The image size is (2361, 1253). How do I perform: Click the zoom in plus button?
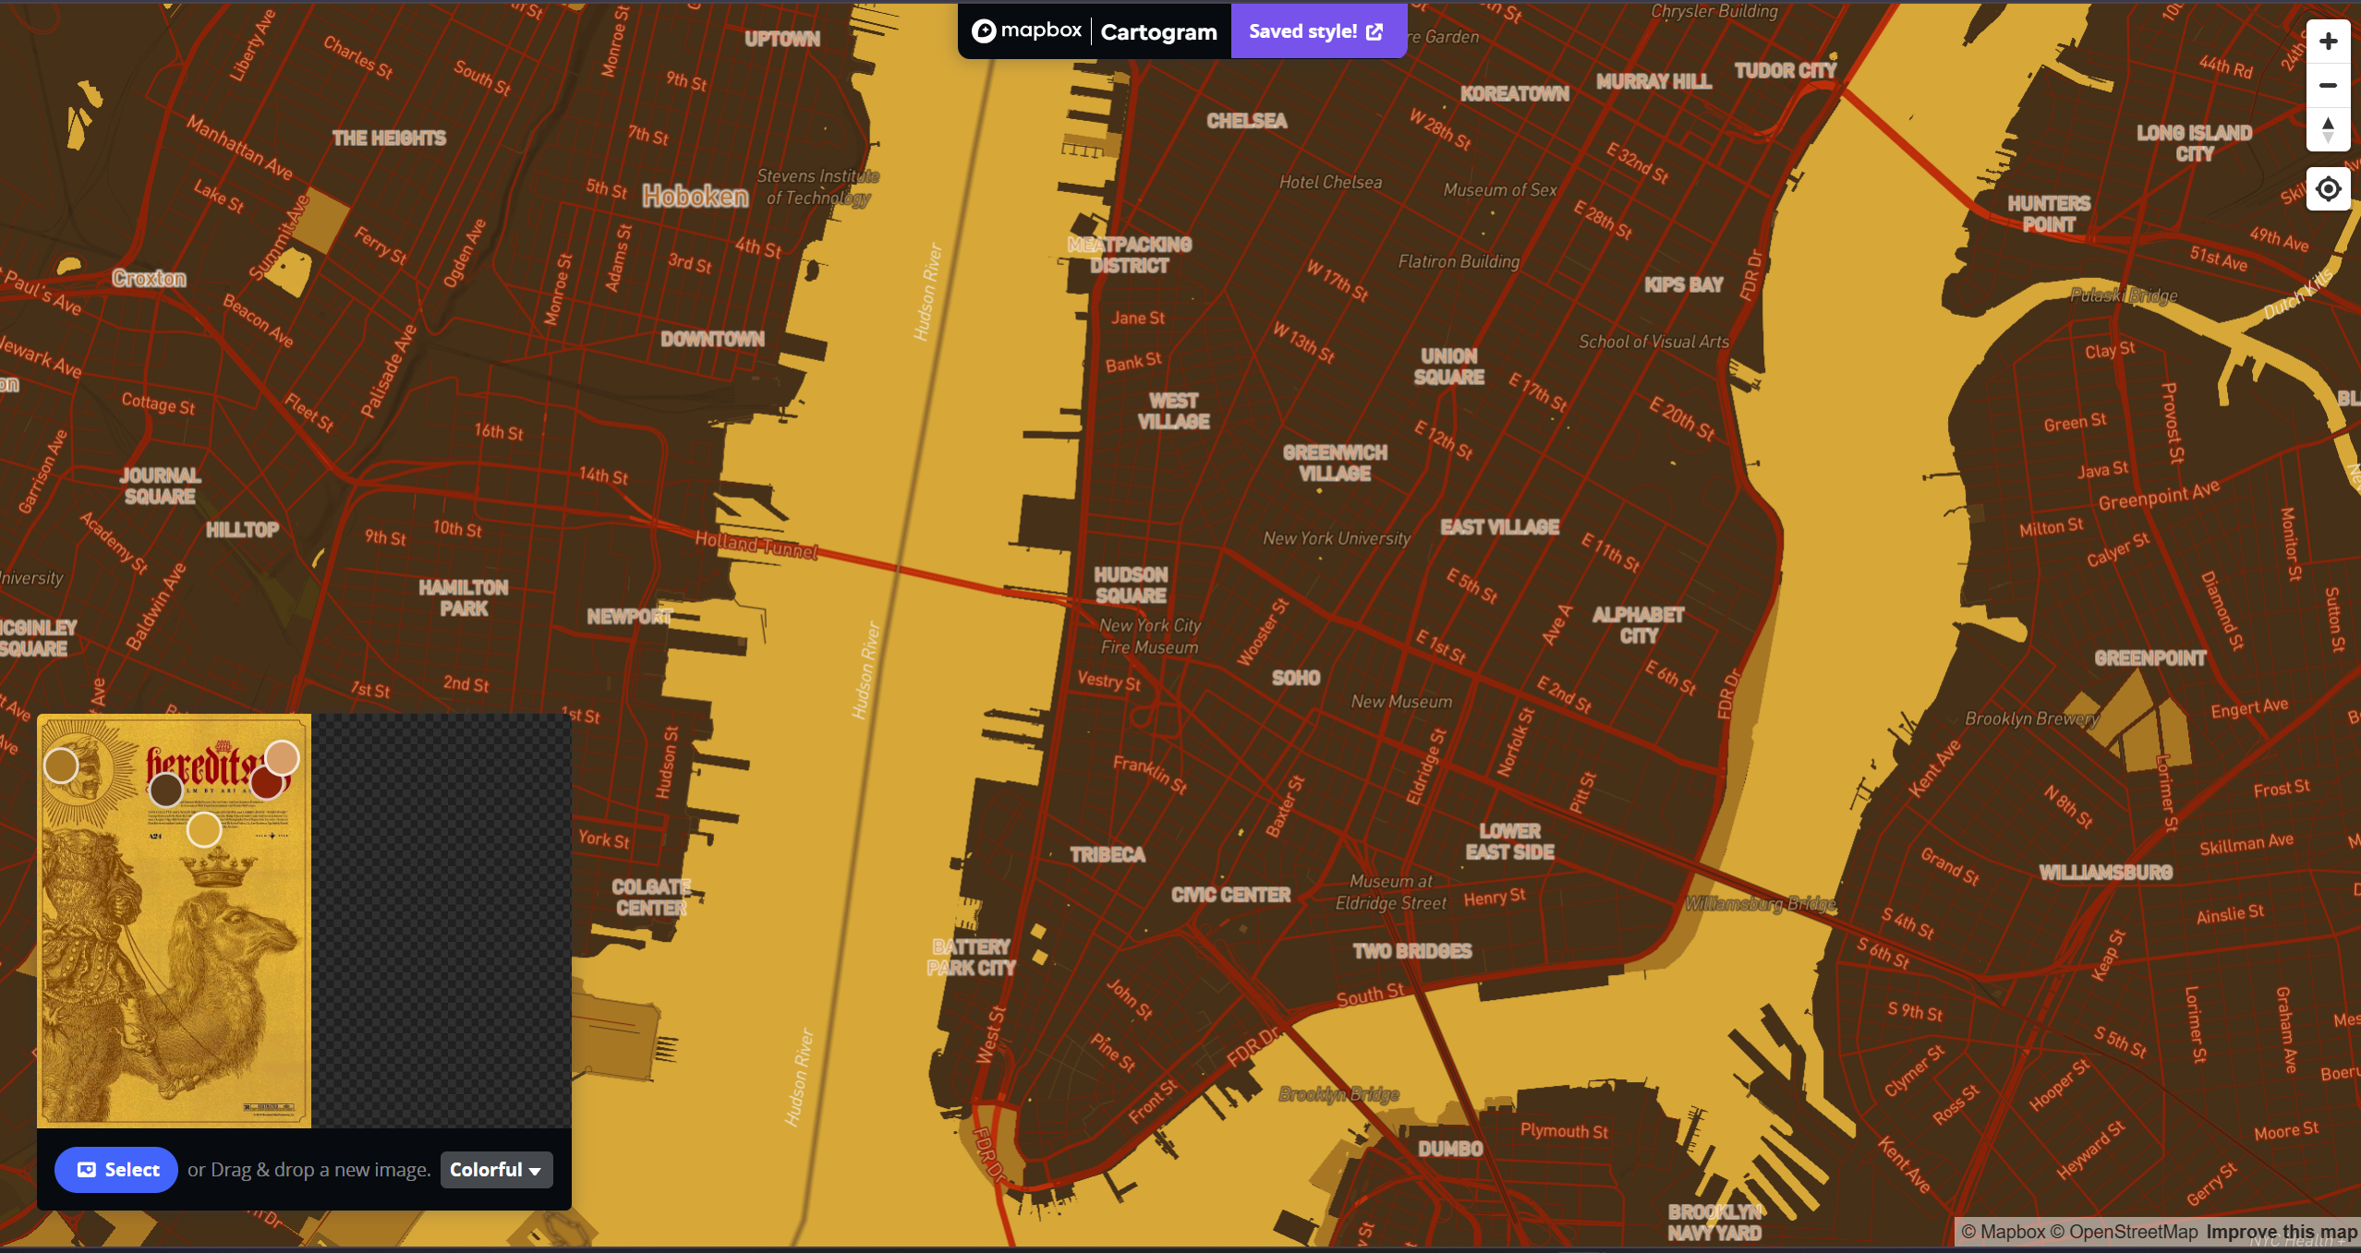point(2327,42)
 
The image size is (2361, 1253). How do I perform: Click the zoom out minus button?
point(2327,86)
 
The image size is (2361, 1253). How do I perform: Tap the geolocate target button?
point(2327,189)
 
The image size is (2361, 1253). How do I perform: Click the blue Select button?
point(116,1170)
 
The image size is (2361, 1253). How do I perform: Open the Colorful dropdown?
point(496,1170)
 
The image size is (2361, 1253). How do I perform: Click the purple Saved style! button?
point(1315,31)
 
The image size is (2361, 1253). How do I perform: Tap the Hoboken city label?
point(696,196)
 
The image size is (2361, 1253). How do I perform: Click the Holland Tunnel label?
point(757,545)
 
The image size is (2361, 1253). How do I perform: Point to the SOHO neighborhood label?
point(1295,678)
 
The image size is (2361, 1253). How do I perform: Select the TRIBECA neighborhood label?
point(1108,855)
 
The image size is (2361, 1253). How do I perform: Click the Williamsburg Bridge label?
point(1760,904)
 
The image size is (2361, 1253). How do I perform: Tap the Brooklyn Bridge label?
point(1338,1094)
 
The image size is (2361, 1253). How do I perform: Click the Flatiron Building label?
point(1458,261)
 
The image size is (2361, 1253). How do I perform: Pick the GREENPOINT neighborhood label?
point(2149,658)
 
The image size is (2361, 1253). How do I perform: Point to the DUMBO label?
point(1450,1149)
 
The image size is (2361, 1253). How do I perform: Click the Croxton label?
point(149,278)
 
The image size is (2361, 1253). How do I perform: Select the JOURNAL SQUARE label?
point(160,486)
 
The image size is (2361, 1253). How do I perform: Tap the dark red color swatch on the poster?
point(267,783)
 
